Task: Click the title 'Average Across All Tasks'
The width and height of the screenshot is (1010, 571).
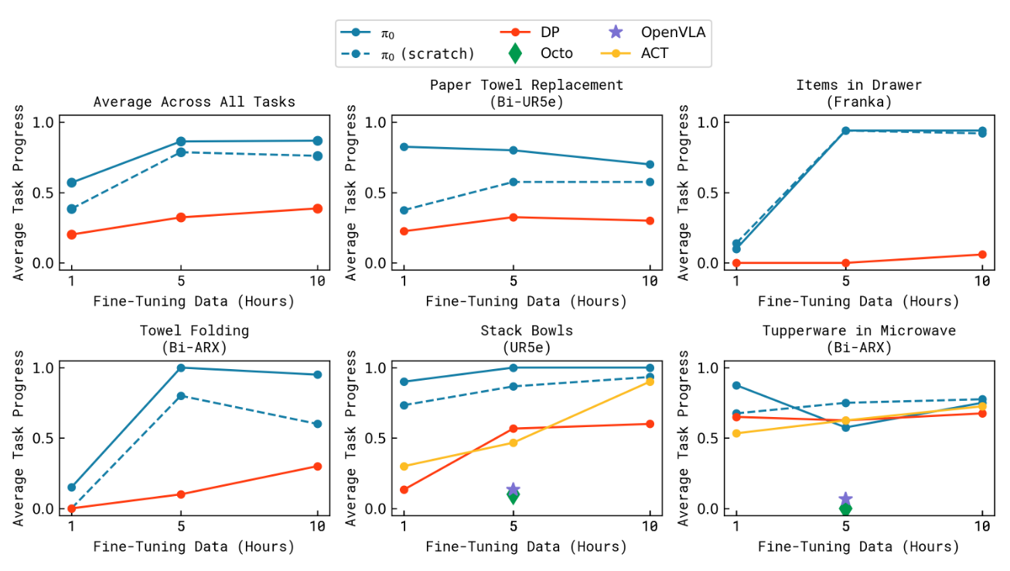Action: pyautogui.click(x=194, y=101)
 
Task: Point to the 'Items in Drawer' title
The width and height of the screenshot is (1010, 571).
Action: pyautogui.click(x=858, y=85)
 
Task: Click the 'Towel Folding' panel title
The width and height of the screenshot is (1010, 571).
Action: pyautogui.click(x=194, y=330)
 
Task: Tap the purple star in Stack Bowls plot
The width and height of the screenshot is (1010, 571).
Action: pyautogui.click(x=513, y=490)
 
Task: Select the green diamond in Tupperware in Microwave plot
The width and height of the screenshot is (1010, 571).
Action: pyautogui.click(x=845, y=508)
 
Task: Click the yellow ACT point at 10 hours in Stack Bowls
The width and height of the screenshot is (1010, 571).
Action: pyautogui.click(x=650, y=381)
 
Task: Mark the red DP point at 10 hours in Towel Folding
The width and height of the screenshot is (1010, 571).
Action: pyautogui.click(x=317, y=466)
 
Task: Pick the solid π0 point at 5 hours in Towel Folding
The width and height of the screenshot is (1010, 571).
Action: pyautogui.click(x=181, y=368)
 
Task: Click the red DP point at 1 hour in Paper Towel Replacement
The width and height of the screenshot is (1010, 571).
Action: pyautogui.click(x=404, y=231)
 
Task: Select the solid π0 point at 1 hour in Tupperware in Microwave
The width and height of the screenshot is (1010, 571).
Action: pyautogui.click(x=736, y=385)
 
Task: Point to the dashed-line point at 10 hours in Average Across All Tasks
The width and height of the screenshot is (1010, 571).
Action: pyautogui.click(x=317, y=156)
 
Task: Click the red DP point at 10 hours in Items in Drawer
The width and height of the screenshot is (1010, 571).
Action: pyautogui.click(x=982, y=255)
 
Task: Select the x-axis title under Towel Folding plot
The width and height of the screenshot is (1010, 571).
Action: pyautogui.click(x=194, y=546)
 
